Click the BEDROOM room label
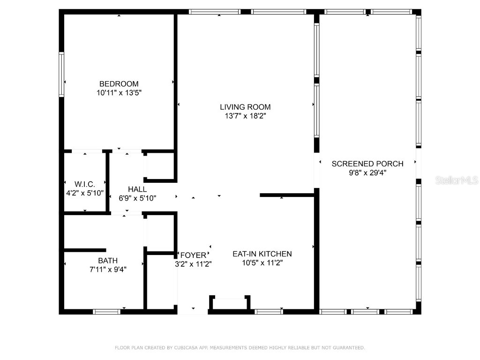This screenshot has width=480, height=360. pyautogui.click(x=119, y=84)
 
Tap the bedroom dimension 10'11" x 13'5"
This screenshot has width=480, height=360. pyautogui.click(x=119, y=93)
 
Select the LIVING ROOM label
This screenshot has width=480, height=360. pyautogui.click(x=245, y=107)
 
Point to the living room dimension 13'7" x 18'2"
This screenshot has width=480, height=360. pyautogui.click(x=245, y=116)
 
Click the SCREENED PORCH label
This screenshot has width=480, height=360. pyautogui.click(x=367, y=164)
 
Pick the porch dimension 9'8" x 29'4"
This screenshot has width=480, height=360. pyautogui.click(x=367, y=172)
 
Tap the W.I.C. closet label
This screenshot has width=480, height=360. pyautogui.click(x=85, y=184)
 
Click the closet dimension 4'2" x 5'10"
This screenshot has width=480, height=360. pyautogui.click(x=85, y=193)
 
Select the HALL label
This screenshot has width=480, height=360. pyautogui.click(x=137, y=189)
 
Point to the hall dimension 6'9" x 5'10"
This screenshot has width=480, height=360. pyautogui.click(x=137, y=198)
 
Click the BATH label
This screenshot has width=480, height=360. pyautogui.click(x=108, y=260)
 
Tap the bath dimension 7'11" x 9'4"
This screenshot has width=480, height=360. pyautogui.click(x=108, y=269)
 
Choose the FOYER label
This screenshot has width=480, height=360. pyautogui.click(x=193, y=255)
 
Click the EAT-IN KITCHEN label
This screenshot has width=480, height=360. pyautogui.click(x=262, y=254)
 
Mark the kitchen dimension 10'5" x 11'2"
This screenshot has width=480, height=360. pyautogui.click(x=262, y=262)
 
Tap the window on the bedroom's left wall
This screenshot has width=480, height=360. pyautogui.click(x=61, y=75)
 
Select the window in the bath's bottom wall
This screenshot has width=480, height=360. pyautogui.click(x=106, y=311)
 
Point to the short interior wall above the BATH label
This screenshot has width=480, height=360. pyautogui.click(x=84, y=250)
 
